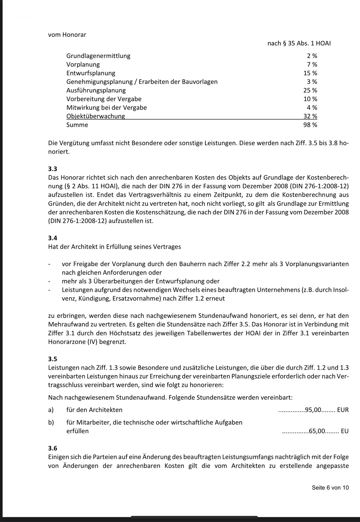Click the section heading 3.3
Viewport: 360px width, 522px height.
[53, 169]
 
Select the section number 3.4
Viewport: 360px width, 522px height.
[53, 238]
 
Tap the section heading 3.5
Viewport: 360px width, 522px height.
[53, 359]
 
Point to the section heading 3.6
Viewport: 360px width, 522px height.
[53, 448]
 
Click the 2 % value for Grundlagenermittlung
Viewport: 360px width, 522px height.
[312, 56]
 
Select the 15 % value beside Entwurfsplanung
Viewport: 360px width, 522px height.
[310, 73]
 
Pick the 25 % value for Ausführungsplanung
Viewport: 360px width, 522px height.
[310, 90]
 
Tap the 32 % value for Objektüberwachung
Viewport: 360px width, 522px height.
[310, 116]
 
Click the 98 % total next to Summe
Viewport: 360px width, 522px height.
[310, 125]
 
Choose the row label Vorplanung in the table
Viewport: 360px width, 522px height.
[83, 64]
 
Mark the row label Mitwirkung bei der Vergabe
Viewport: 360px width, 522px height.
[106, 107]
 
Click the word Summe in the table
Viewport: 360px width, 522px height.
[77, 125]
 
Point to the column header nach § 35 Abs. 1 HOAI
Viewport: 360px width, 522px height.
[299, 43]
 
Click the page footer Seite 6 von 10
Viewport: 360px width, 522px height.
[330, 488]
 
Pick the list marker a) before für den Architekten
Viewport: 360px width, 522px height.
[51, 410]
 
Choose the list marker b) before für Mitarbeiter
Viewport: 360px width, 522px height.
[51, 422]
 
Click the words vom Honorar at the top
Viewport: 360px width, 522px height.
[67, 35]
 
